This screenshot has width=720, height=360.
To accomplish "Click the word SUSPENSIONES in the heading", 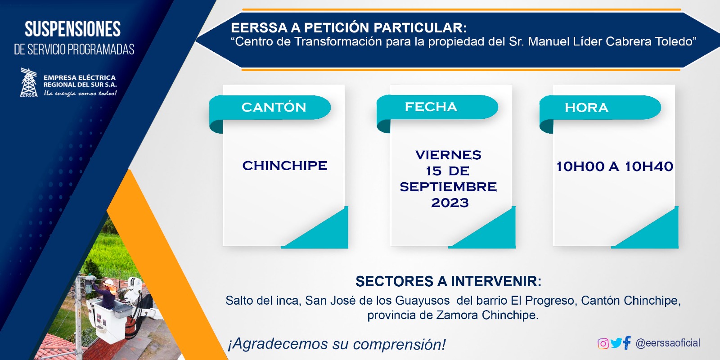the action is (x=72, y=29).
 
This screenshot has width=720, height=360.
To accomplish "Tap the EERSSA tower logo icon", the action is (x=29, y=82).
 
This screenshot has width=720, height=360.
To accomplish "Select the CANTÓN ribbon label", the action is (x=274, y=107).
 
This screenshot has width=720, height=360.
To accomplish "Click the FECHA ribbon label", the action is (x=431, y=107).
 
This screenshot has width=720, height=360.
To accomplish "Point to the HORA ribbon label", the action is (x=586, y=108).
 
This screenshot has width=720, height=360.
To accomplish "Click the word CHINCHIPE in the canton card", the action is (x=285, y=166).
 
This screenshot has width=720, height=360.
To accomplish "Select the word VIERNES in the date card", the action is (x=448, y=155).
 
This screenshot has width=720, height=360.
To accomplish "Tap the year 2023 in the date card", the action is (x=450, y=203).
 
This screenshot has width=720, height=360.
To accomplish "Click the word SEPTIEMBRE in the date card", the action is (x=448, y=187).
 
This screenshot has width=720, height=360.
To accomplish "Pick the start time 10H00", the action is (x=580, y=166).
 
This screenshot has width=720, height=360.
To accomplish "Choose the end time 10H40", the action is (x=649, y=166).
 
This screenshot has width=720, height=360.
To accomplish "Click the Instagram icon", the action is (x=603, y=344).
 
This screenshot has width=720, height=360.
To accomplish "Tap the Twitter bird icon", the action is (x=616, y=343).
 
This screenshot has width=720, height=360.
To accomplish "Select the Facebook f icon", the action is (x=627, y=342).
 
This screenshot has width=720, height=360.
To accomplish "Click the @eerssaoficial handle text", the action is (x=668, y=343).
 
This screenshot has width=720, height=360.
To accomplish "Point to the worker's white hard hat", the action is (x=109, y=283).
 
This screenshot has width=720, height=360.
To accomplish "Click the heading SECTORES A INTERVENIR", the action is (x=448, y=281).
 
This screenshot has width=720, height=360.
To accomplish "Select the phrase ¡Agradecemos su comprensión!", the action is (x=337, y=344).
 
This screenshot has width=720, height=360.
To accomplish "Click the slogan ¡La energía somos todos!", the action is (x=80, y=93).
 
